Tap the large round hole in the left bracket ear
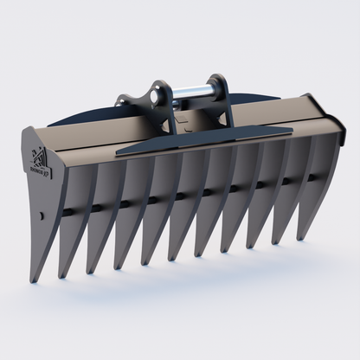157,90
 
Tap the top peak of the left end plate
29,128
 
